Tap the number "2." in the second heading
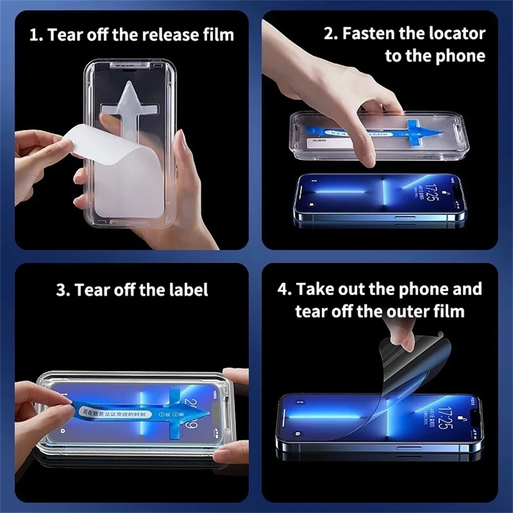331,34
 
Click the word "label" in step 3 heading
186,290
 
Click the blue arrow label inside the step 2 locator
405,131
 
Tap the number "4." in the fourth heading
285,289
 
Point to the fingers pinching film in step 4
403,339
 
